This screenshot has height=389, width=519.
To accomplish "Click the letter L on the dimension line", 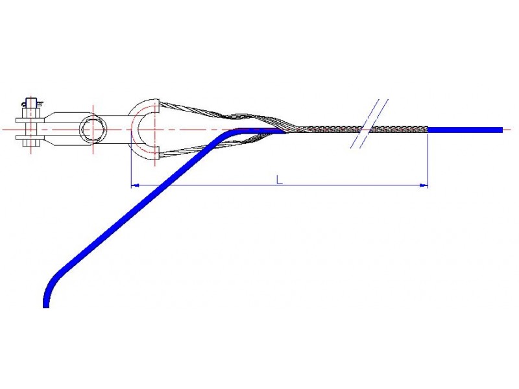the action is (x=280, y=180).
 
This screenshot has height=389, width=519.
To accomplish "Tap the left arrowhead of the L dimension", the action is (x=135, y=185).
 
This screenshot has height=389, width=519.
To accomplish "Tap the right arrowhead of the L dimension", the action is (x=424, y=185).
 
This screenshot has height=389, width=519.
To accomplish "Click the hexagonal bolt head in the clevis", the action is (x=93, y=129).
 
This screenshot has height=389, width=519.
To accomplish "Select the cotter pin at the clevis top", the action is (x=32, y=103).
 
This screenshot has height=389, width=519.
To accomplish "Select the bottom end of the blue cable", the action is (x=46, y=307).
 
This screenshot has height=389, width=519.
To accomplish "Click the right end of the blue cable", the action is (x=501, y=130).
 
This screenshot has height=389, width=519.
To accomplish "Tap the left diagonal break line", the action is (x=365, y=123).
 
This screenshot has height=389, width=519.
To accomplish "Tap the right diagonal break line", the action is (x=374, y=123).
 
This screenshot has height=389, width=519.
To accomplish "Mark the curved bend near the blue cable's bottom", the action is (x=54, y=281).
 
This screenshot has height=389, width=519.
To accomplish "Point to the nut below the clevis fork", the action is (x=31, y=143).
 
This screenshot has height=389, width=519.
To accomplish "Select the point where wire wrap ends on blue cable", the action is (x=428, y=130).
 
